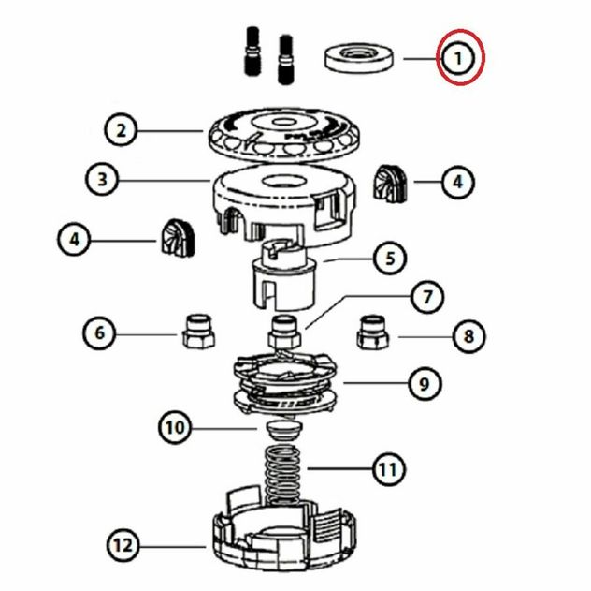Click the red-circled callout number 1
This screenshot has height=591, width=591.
click(x=458, y=58)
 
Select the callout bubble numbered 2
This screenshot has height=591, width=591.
click(x=121, y=130)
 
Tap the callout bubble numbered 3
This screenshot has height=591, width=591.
click(x=102, y=179)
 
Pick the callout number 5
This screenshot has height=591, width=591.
click(x=390, y=259)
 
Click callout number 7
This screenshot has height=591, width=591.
click(x=427, y=297)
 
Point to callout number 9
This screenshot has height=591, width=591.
click(x=425, y=384)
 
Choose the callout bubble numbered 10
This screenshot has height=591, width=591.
click(x=175, y=428)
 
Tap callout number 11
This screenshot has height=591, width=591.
click(x=389, y=470)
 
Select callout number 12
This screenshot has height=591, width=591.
click(x=123, y=545)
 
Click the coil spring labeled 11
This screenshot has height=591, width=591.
click(x=283, y=476)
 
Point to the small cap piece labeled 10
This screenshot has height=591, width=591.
click(x=284, y=430)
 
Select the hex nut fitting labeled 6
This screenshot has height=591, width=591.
click(x=198, y=332)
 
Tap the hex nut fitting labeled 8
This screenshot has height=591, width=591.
click(x=373, y=332)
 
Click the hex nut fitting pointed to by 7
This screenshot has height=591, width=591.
click(x=284, y=332)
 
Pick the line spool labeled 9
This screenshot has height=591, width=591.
click(x=284, y=382)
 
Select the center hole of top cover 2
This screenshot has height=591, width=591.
click(x=280, y=122)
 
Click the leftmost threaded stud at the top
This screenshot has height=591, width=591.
click(x=252, y=51)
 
